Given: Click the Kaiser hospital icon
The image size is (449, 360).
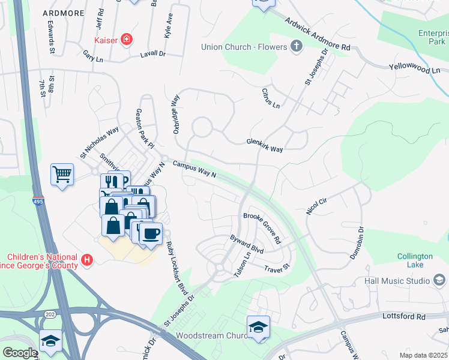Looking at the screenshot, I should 127,40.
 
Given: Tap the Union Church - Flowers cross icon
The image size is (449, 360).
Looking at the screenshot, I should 296,46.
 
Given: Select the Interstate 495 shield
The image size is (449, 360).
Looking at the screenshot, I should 37,204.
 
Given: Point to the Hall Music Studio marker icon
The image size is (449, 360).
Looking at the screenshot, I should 439,281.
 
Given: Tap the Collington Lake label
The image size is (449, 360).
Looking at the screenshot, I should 415,260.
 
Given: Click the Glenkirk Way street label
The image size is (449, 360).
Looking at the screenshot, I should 264,145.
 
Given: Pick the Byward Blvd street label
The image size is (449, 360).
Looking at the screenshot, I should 247,243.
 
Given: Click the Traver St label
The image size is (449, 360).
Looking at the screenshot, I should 277,265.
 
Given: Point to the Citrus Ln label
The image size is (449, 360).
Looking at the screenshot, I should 271,98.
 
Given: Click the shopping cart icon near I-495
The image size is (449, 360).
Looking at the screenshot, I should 62,175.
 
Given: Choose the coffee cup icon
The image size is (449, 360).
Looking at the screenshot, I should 151,233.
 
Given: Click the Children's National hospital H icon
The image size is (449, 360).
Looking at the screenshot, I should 88,260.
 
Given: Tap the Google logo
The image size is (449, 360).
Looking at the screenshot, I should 19,353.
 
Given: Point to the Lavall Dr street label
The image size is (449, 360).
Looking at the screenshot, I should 152,53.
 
